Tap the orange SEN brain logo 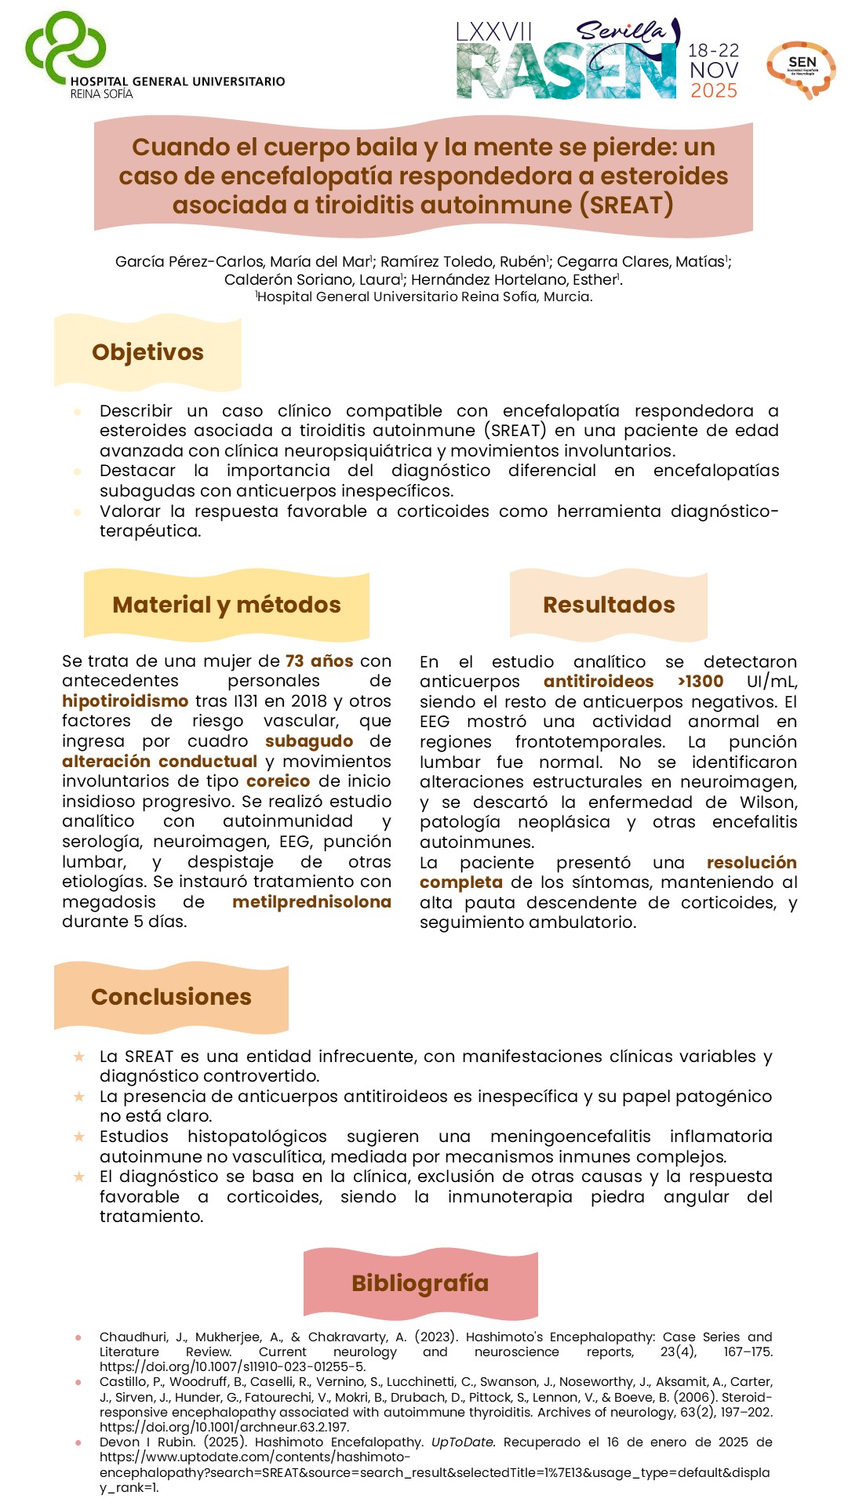[x=801, y=69]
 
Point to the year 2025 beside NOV [x=714, y=91]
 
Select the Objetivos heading [x=147, y=352]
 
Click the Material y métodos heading [x=227, y=605]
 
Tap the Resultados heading [x=609, y=605]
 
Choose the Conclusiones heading [x=171, y=996]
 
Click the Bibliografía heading [x=420, y=1283]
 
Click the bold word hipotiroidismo [x=126, y=701]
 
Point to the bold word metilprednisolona [x=311, y=902]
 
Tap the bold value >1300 [x=701, y=682]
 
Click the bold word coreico [x=278, y=781]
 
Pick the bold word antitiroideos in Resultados [x=599, y=682]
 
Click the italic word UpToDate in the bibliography [x=463, y=1442]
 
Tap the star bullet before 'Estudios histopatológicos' [x=78, y=1137]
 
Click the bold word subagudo [x=309, y=741]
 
